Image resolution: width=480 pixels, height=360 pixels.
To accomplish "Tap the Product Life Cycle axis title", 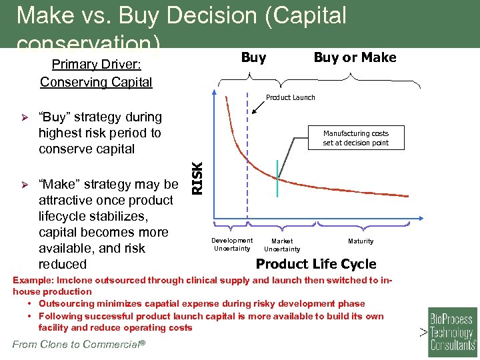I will pos(316,264).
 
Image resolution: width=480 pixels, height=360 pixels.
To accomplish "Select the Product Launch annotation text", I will pos(291,98).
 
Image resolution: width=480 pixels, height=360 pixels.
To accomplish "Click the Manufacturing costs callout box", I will pos(355,138).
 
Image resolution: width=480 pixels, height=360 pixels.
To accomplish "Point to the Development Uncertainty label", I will pos(232,245).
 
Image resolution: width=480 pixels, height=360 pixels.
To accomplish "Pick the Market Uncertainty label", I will pos(282,245).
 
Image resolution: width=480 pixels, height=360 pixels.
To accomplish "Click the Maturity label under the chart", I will pos(361,241).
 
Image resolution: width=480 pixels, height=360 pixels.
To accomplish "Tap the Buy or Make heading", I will pos(355,58).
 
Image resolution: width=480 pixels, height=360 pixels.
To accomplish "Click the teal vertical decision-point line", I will pos(277,178).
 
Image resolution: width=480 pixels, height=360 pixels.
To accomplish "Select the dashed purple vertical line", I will pos(247,167).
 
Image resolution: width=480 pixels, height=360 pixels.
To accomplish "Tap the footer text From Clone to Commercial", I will pos(77,345).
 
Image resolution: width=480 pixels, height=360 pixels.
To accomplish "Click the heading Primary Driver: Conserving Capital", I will pos(96,74).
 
